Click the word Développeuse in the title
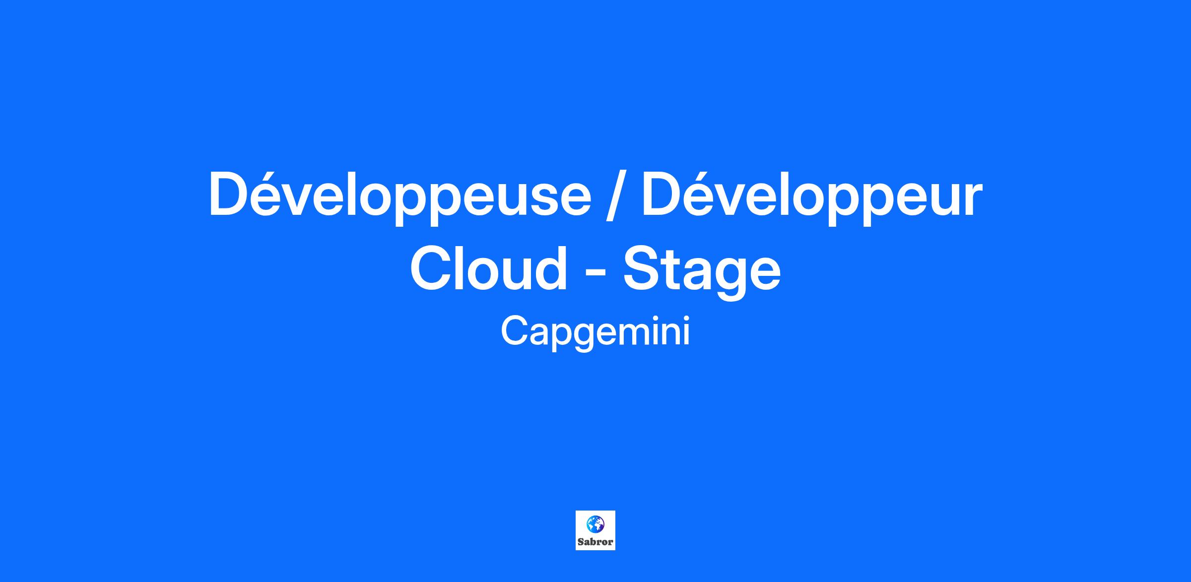(x=400, y=194)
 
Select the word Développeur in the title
(x=812, y=194)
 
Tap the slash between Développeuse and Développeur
(x=617, y=194)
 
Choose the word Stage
(x=702, y=272)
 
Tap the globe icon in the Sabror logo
(x=595, y=523)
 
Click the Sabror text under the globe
(x=595, y=542)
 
